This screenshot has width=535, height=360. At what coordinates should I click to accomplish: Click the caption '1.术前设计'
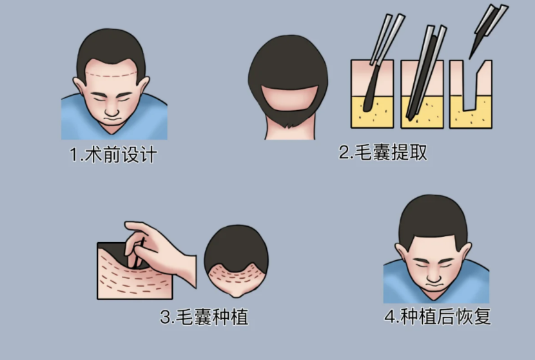point(113,155)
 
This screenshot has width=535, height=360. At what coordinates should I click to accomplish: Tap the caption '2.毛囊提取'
point(382,152)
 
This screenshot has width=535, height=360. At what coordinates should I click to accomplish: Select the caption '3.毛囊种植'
point(204,317)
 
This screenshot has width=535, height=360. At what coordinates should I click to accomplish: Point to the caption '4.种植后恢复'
point(438,316)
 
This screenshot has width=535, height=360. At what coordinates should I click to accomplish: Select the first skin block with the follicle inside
point(373,94)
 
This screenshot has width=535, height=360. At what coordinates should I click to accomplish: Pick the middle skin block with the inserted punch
point(422,94)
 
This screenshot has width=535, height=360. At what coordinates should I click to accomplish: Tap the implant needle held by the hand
point(139,253)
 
